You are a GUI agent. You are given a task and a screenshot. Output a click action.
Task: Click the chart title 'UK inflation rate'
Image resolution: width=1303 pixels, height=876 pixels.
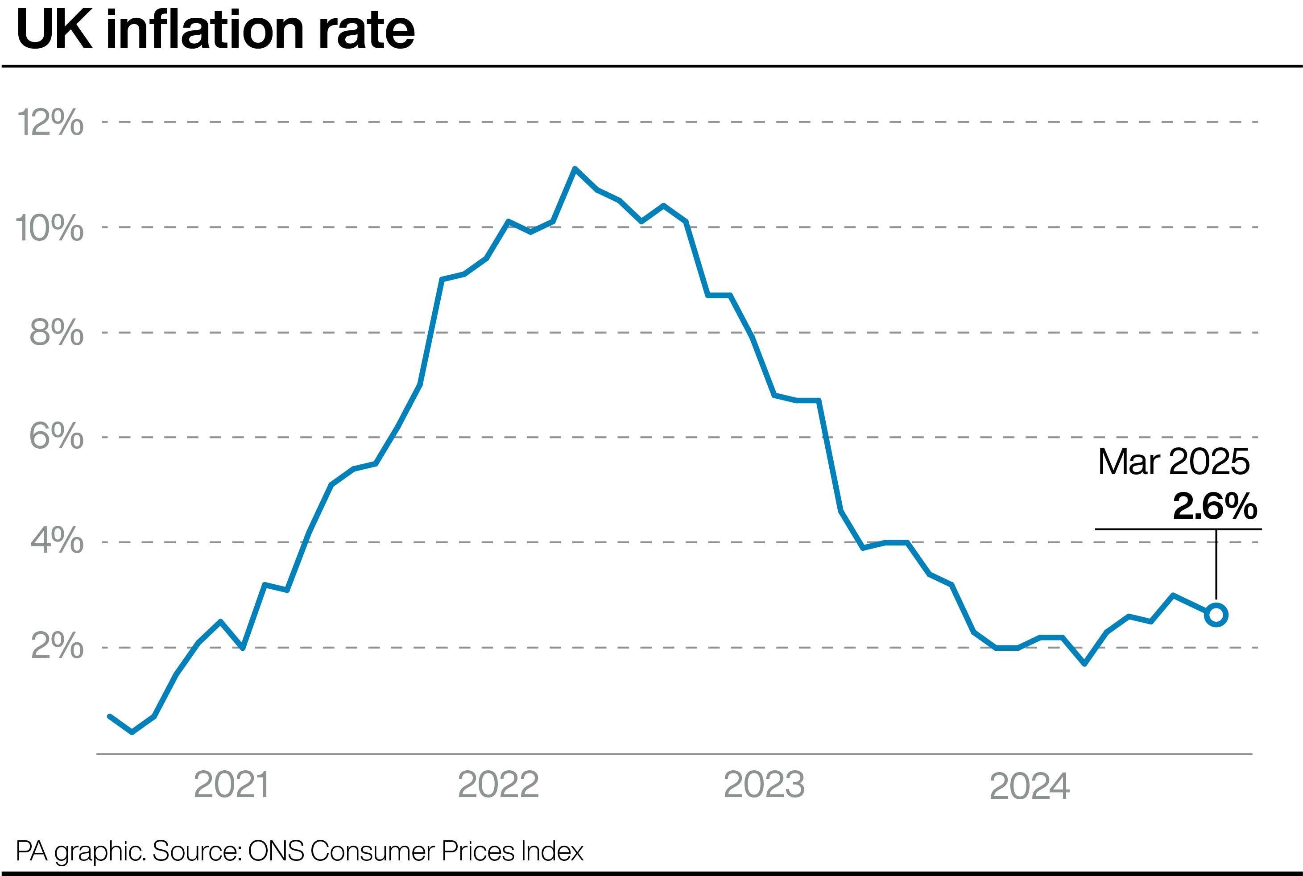tap(215, 30)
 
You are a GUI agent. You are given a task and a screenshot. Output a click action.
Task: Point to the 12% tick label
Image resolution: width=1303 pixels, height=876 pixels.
tap(50, 122)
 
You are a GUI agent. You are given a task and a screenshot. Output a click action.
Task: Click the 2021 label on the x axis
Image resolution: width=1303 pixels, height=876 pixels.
tap(232, 785)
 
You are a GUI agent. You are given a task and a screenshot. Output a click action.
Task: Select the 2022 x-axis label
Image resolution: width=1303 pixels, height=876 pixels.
tap(498, 785)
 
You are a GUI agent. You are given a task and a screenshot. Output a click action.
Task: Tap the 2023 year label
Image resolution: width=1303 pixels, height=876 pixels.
tap(764, 785)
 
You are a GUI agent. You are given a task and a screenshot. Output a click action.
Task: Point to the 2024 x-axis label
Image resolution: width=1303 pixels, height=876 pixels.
tap(1029, 786)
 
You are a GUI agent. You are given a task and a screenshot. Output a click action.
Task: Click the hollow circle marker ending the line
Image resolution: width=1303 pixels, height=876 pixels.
tap(1216, 615)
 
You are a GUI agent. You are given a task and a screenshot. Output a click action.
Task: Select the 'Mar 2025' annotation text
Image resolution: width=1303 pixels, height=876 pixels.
tap(1173, 463)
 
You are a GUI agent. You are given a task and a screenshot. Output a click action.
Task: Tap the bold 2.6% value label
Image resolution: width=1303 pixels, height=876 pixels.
tap(1215, 507)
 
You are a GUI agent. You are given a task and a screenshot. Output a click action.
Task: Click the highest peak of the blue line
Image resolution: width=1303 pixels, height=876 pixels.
tap(575, 168)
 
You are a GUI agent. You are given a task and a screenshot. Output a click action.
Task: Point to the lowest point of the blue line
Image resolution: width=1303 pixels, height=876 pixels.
tap(132, 732)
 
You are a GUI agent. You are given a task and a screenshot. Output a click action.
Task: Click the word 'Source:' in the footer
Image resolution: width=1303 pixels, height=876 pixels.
tap(196, 851)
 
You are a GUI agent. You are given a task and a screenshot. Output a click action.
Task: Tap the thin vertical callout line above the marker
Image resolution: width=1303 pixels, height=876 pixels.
tap(1216, 564)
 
